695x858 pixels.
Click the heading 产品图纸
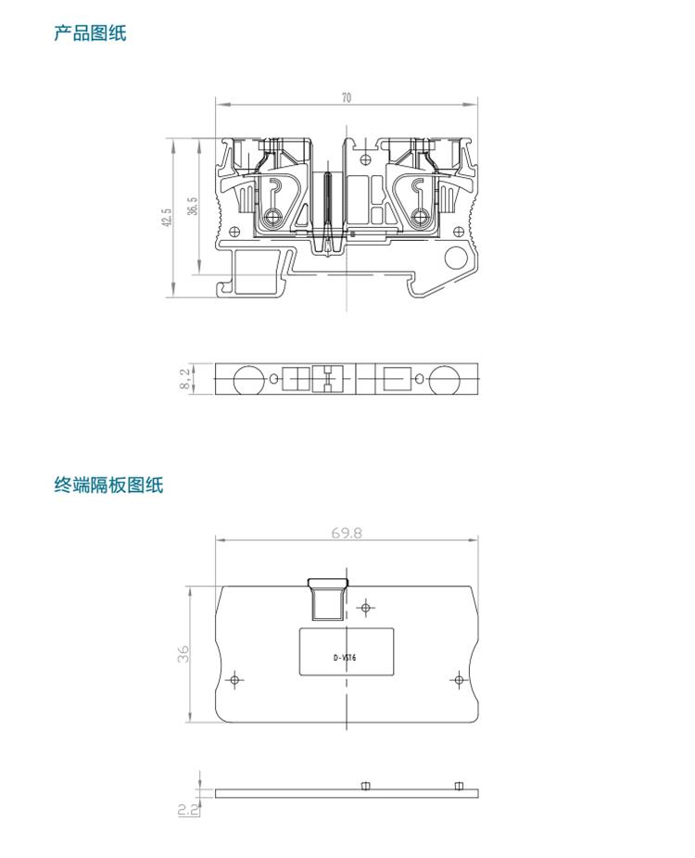click(89, 34)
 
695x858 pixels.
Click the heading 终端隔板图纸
click(107, 484)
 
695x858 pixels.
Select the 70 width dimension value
click(347, 97)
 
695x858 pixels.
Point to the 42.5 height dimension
click(167, 218)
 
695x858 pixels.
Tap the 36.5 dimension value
click(192, 206)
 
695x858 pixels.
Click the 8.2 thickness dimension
click(185, 378)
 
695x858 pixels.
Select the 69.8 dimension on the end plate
click(347, 533)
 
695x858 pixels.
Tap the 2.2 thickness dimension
click(183, 809)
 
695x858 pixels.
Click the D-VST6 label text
click(345, 659)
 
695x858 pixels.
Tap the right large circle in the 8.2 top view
click(444, 379)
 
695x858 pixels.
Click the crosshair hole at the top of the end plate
click(367, 608)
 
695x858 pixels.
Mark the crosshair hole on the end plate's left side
click(235, 680)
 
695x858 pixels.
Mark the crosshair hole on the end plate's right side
click(458, 680)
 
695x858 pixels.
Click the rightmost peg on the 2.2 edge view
click(458, 786)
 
